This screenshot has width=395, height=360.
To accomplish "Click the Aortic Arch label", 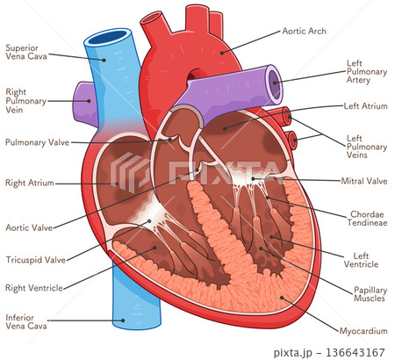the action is [x=304, y=31].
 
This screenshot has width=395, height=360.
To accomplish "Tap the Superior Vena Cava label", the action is [x=26, y=52].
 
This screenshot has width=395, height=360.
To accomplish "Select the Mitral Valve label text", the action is [x=364, y=181].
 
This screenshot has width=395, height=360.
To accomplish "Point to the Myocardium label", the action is [x=363, y=331].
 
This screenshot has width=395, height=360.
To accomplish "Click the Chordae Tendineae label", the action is [x=367, y=219].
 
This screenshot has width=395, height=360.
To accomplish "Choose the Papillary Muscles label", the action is [x=370, y=294].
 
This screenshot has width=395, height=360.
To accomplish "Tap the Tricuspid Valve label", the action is [x=36, y=260].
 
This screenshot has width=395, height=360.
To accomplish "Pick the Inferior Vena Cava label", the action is [x=26, y=321].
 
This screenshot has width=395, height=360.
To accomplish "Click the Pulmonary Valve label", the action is [x=37, y=142].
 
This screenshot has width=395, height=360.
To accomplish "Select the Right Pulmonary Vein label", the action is [x=25, y=101].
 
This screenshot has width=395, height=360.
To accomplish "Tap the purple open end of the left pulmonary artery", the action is [x=275, y=82].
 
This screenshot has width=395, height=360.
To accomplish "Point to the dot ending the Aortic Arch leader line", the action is [x=222, y=53].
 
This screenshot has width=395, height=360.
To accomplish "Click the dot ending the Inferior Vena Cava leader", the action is [x=123, y=320].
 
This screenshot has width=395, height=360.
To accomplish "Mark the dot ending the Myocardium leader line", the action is [x=282, y=298].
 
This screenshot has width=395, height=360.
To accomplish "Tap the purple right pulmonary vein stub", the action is [x=83, y=102].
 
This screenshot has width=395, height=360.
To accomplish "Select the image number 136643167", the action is [x=355, y=352].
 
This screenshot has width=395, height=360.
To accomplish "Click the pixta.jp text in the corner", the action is [x=292, y=353].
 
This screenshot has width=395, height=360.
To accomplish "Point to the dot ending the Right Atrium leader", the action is [x=117, y=184].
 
